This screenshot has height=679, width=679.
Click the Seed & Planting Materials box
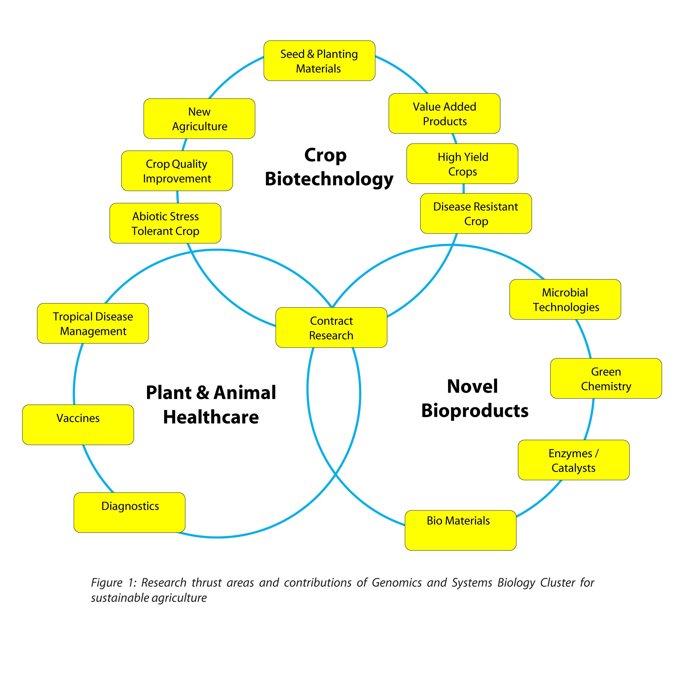click(319, 61)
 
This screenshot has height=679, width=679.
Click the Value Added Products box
click(444, 114)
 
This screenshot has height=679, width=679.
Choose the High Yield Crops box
click(462, 164)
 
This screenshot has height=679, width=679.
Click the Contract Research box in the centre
click(331, 328)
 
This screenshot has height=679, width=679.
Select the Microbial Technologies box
click(565, 299)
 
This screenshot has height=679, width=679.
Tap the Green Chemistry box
click(606, 378)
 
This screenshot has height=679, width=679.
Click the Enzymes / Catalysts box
click(573, 460)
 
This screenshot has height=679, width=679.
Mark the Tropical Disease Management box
click(93, 323)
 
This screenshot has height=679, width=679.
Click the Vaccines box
click(78, 425)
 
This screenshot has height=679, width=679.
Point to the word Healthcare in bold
click(211, 417)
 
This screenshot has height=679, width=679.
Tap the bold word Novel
click(472, 386)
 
